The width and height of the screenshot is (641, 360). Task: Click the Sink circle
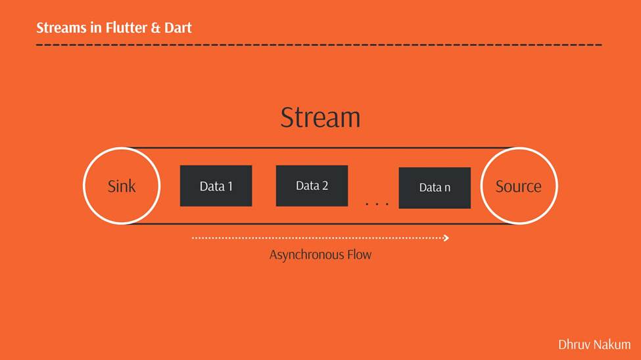[122, 186]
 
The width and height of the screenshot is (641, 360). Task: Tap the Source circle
[519, 186]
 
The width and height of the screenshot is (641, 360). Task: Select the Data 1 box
[216, 186]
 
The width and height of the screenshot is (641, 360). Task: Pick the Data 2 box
[312, 186]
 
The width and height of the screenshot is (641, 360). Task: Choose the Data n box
[435, 188]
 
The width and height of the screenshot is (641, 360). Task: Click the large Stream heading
[320, 118]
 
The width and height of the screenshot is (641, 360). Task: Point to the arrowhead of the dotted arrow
[446, 238]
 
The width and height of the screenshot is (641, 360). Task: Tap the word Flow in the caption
[357, 254]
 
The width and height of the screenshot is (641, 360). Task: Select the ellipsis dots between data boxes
[377, 204]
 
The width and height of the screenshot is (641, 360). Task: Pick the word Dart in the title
[178, 28]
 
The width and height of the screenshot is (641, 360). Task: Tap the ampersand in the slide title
[157, 28]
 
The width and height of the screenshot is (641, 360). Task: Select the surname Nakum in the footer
[612, 344]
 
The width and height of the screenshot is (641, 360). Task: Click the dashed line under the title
[319, 45]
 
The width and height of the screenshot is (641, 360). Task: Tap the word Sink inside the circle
[122, 187]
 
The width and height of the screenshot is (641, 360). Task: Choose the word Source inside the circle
[519, 187]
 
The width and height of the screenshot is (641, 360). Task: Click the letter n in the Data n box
[447, 189]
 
